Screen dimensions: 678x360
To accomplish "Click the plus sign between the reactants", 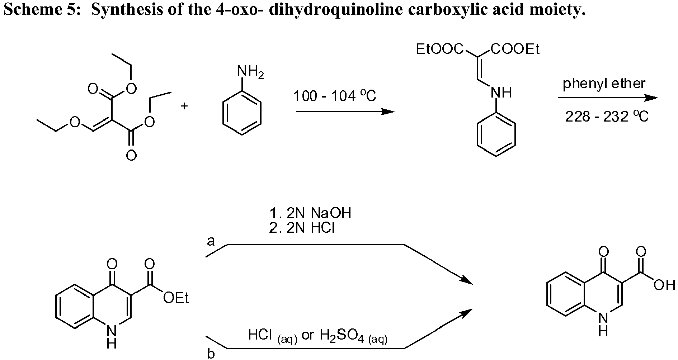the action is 184,106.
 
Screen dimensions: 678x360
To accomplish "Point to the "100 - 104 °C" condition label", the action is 335,96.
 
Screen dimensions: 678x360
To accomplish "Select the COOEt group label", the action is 515,49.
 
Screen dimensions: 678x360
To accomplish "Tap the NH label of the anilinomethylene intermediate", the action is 501,93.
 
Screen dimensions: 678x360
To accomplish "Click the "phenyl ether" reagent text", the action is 604,84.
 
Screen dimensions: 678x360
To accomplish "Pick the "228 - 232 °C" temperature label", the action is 607,117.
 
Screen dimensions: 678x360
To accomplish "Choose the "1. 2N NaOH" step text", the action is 310,213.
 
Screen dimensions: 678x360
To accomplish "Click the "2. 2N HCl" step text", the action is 302,228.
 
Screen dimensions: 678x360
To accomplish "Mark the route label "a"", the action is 211,241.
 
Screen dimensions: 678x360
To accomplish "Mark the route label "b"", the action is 211,354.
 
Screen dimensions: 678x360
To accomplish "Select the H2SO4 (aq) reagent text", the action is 353,336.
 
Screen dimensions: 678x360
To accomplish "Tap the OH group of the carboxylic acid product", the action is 664,285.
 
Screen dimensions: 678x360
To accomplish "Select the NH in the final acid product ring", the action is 603,324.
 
